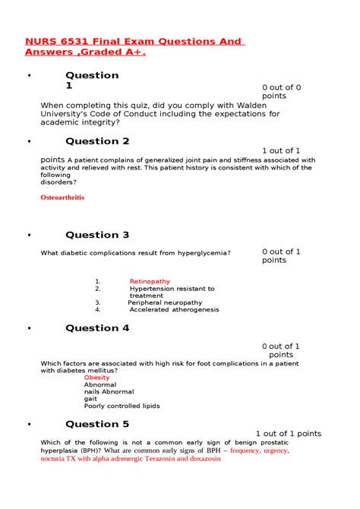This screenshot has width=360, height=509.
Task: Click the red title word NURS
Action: tap(43, 41)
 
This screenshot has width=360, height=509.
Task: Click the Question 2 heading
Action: tap(97, 141)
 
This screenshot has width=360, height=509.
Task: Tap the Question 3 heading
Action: tap(97, 235)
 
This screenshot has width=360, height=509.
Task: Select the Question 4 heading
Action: tap(97, 328)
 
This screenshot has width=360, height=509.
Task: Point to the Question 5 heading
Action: tap(97, 424)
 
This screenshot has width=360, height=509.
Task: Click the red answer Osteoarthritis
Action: tap(62, 198)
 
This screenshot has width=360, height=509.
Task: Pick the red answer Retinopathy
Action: tap(150, 281)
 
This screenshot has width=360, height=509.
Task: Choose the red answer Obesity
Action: tap(96, 378)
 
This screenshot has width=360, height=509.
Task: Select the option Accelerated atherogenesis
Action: tap(174, 310)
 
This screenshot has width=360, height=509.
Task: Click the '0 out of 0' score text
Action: tap(282, 87)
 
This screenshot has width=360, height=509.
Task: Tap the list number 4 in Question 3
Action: tap(98, 310)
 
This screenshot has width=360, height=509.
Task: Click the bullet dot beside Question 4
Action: tap(29, 329)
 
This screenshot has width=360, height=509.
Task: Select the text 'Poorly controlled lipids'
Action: tap(122, 406)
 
